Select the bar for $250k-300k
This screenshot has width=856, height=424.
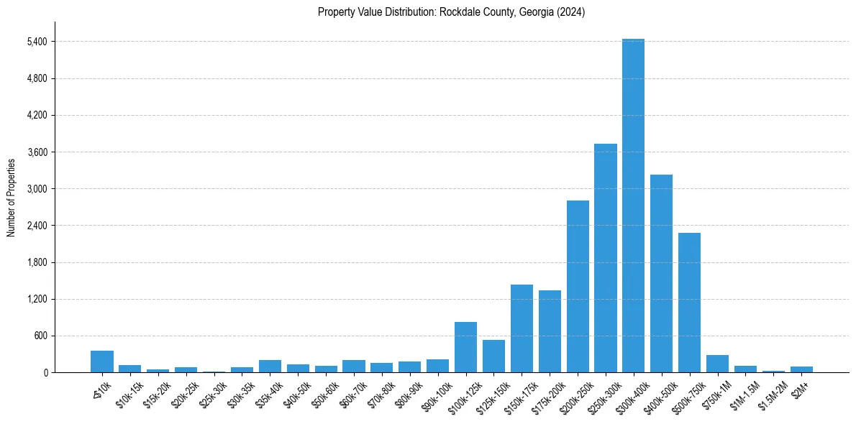tap(605, 258)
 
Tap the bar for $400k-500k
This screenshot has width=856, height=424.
tap(661, 273)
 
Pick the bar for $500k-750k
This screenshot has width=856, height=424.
tap(689, 303)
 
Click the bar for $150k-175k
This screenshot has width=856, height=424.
tap(522, 328)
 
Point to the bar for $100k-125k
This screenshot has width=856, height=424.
tap(465, 347)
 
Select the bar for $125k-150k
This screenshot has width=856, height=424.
tap(493, 356)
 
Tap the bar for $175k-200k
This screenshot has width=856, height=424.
tap(550, 331)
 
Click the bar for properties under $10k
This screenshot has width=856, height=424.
tap(102, 361)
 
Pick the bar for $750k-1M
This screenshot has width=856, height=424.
tap(717, 364)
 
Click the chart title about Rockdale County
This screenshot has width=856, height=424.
tap(451, 12)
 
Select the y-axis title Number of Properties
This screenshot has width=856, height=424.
tap(12, 198)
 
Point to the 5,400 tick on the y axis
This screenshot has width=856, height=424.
tap(36, 42)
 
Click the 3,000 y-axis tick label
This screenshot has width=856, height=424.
tap(36, 189)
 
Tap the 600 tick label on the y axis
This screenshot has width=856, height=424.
tap(39, 336)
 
